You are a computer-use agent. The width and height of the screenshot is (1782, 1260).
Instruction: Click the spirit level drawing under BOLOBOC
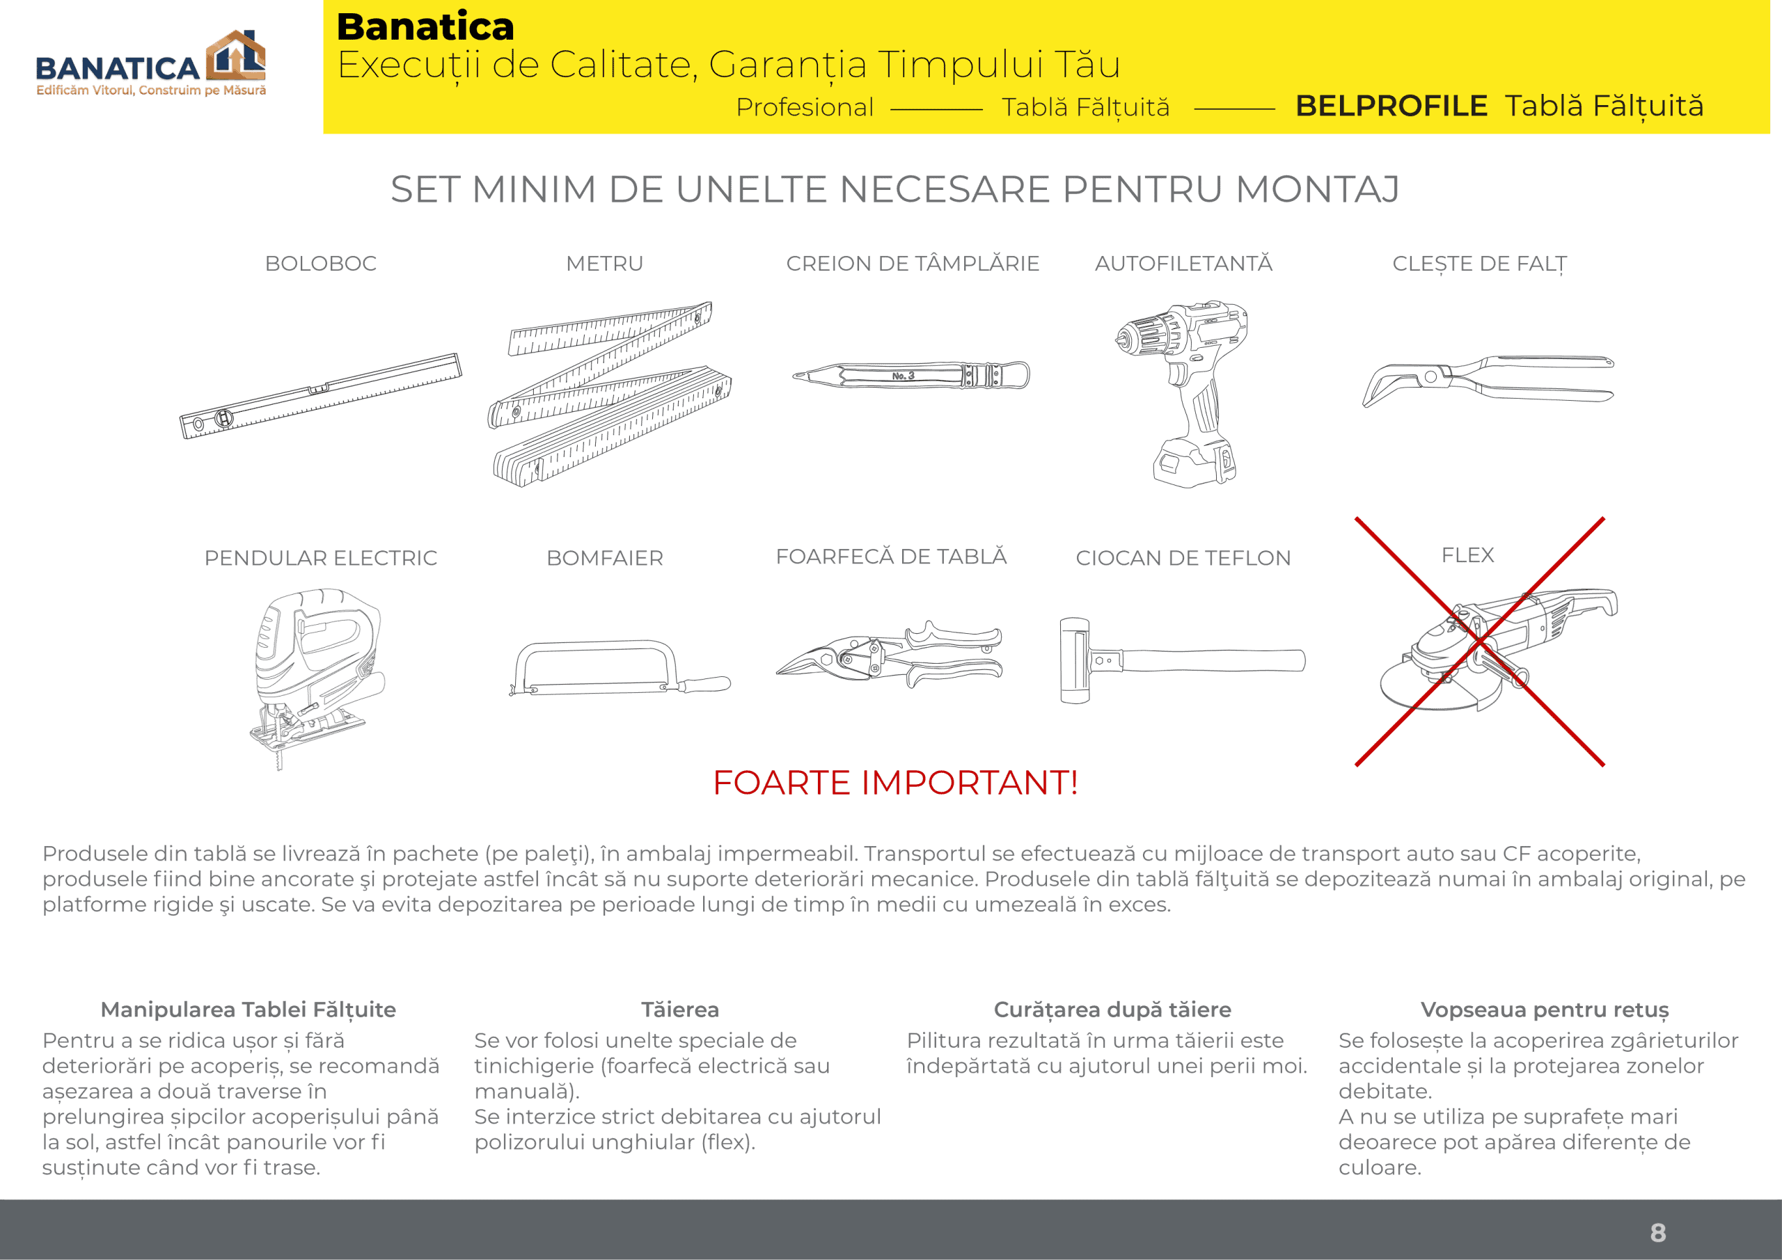tap(320, 396)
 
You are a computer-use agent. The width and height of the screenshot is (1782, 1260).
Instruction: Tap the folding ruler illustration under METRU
tap(609, 394)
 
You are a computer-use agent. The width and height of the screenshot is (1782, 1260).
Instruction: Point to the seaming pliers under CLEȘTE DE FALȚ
tap(1486, 380)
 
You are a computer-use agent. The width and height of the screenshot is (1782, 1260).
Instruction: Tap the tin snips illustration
tap(890, 654)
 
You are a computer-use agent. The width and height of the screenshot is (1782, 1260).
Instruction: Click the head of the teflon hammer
tap(1075, 660)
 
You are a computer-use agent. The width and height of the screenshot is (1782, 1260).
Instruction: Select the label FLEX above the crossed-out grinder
tap(1467, 555)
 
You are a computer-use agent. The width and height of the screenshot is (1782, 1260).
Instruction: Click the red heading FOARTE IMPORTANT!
tap(895, 783)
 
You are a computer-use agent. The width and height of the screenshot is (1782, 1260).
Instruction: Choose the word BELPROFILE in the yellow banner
tap(1390, 106)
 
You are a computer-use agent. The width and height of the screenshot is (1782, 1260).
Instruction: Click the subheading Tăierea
tap(680, 1010)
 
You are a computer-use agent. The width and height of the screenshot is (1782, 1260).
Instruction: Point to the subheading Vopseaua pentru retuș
tap(1544, 1010)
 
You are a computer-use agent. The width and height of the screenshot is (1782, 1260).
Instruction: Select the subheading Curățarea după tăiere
tap(1112, 1010)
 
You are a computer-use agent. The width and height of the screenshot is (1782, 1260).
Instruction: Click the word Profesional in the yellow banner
tap(804, 107)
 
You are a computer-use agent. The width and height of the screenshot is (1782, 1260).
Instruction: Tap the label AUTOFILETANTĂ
tap(1183, 264)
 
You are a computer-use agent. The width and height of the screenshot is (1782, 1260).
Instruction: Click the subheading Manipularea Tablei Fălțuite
tap(249, 1010)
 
